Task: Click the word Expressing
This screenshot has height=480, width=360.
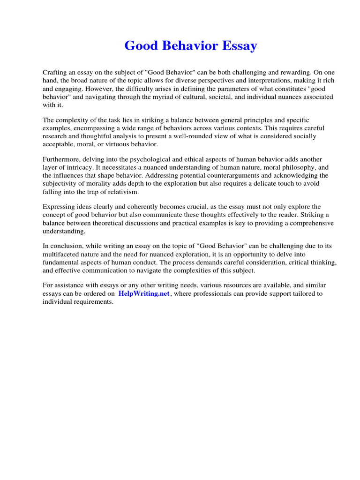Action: (x=60, y=207)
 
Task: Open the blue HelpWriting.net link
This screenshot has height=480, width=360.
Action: (x=143, y=294)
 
